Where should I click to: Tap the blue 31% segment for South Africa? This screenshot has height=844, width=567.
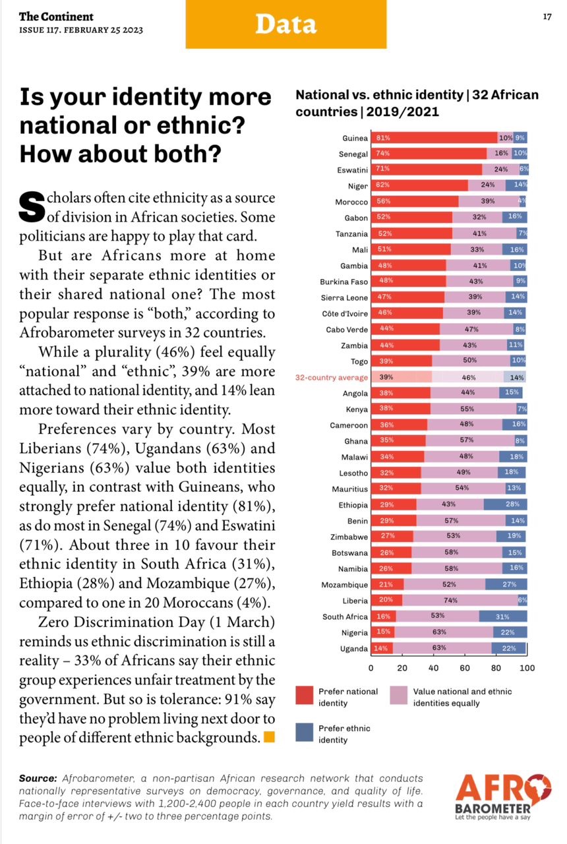click(502, 617)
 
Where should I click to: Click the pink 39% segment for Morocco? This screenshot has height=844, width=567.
click(488, 202)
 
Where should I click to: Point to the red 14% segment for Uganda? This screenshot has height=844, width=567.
click(382, 648)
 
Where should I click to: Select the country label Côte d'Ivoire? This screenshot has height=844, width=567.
click(344, 314)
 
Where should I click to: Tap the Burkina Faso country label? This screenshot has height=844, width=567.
click(343, 282)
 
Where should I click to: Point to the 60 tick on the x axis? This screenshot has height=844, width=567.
click(465, 669)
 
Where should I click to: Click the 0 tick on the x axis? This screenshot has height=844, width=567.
click(371, 669)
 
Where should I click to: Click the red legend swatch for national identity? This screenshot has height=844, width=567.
click(304, 696)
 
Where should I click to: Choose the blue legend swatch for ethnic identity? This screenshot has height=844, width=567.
click(304, 733)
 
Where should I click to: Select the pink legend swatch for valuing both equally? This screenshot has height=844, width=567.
click(398, 696)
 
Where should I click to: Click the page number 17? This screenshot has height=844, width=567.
click(546, 16)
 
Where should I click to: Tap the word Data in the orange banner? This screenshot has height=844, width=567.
click(285, 24)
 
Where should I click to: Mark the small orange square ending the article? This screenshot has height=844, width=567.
click(269, 737)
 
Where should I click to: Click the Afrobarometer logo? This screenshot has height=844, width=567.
click(502, 797)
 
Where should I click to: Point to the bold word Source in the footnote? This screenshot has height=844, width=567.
click(38, 779)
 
